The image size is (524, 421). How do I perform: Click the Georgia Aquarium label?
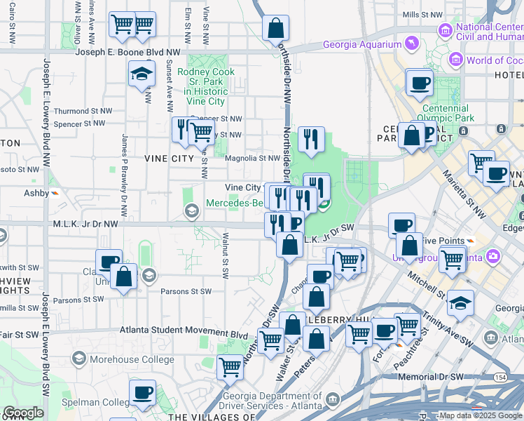coord(362,45)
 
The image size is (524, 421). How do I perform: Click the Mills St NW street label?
coord(422,14)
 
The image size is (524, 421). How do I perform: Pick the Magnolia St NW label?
coord(253,158)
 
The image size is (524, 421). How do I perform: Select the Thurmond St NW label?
coord(81,111)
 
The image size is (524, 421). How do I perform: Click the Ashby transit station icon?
coord(55,193)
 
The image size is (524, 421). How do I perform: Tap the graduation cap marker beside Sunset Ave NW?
coord(142,73)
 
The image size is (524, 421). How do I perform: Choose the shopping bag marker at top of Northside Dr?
coord(276,28)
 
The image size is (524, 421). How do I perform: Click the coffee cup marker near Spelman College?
coord(143,392)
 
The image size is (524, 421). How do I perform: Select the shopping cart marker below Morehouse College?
coord(230,366)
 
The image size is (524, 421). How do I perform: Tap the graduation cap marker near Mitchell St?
coord(460,302)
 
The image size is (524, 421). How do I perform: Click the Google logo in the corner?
coord(23,413)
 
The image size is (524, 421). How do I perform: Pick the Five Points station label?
coord(446,241)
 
